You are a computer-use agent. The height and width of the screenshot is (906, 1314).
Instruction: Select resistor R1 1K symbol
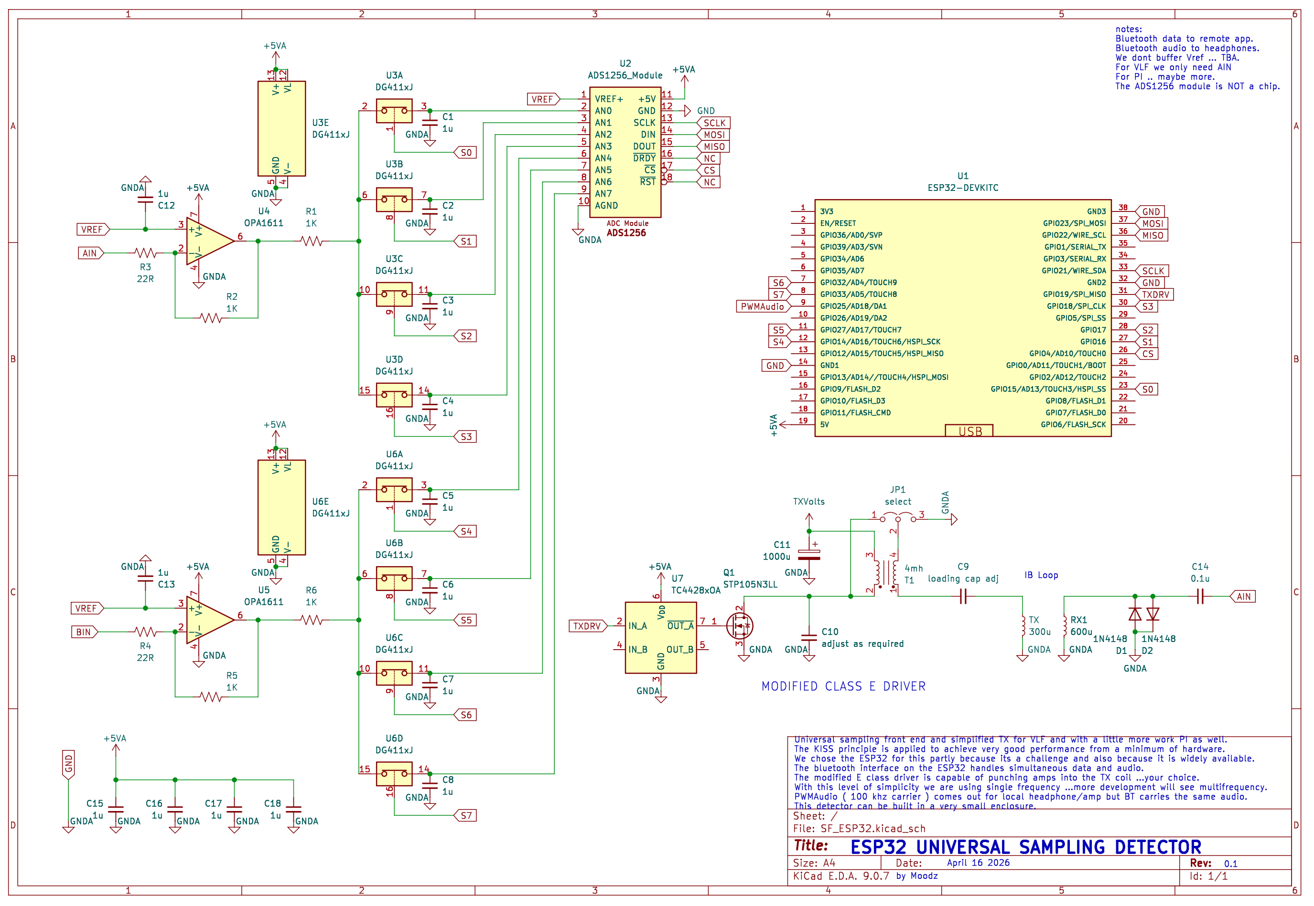coord(312,241)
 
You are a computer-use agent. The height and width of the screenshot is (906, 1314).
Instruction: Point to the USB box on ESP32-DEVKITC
coord(970,432)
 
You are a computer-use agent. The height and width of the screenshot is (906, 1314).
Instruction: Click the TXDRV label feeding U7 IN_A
coord(587,626)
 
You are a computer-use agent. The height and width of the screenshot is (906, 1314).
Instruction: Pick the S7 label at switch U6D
coord(466,816)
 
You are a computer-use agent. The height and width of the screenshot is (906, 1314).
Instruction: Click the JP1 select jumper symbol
coord(899,518)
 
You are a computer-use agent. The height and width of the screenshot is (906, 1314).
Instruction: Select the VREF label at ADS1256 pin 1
coord(542,99)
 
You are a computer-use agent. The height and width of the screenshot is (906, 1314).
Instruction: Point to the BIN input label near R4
coord(84,632)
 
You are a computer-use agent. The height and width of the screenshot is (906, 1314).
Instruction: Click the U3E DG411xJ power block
coord(282,129)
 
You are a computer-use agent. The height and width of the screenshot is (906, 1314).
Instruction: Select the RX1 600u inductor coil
coord(1065,626)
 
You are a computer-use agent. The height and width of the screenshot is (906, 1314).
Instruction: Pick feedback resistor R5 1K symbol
coord(211,697)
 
